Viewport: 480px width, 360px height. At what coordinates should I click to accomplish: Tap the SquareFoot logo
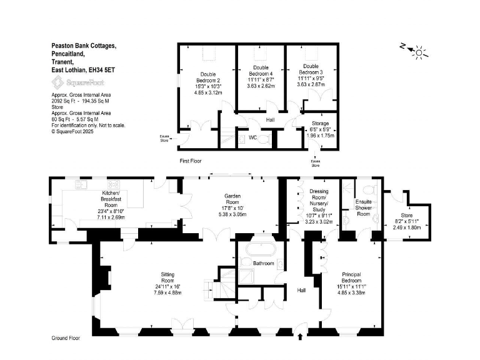(77, 82)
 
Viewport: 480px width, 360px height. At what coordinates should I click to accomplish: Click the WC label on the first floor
(252, 137)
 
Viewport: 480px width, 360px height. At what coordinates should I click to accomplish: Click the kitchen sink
(82, 184)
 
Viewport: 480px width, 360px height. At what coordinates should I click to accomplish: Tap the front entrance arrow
(302, 337)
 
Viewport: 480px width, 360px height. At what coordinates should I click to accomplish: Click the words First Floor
(191, 161)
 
